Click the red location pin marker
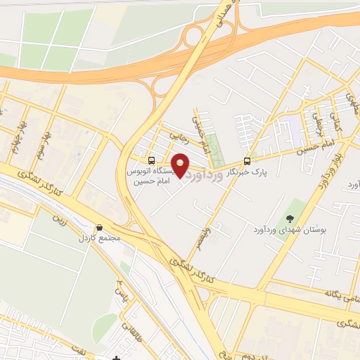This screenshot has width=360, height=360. point(181,165)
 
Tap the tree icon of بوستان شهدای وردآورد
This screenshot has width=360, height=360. point(290,219)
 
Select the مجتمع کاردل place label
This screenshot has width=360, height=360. point(100,238)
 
